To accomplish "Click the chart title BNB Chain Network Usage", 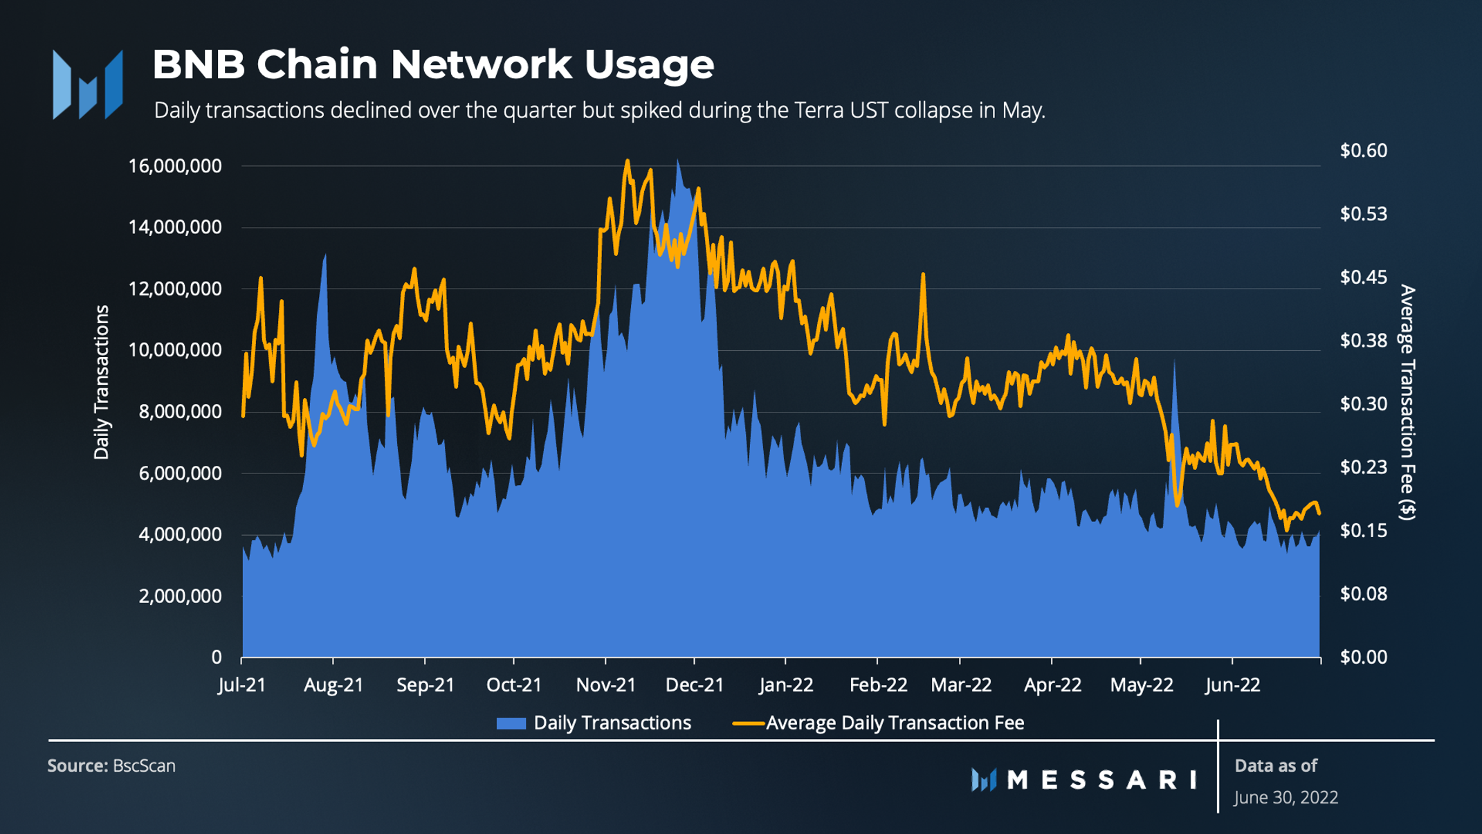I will (x=432, y=64).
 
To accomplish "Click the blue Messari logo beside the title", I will (x=88, y=84).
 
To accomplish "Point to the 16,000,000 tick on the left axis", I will (x=175, y=166).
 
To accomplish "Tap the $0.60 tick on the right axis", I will (x=1363, y=150).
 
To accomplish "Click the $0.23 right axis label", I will (x=1363, y=467).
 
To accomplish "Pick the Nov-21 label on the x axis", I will (x=605, y=685).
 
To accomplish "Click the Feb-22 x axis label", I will (x=878, y=685).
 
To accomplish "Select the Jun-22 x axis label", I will (x=1232, y=685).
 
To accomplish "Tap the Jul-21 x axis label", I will (x=241, y=685).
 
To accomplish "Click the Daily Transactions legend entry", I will (x=594, y=723).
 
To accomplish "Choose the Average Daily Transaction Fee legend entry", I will (x=879, y=723).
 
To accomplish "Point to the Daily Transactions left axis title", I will (x=102, y=382).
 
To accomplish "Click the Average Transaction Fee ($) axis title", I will (x=1407, y=401).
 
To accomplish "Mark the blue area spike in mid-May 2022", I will (x=1174, y=364).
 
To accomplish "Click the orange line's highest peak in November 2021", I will (x=628, y=162).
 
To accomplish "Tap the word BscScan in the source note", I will (x=144, y=766).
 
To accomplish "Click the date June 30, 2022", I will (x=1286, y=797).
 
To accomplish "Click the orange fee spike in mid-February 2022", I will (x=923, y=275).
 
